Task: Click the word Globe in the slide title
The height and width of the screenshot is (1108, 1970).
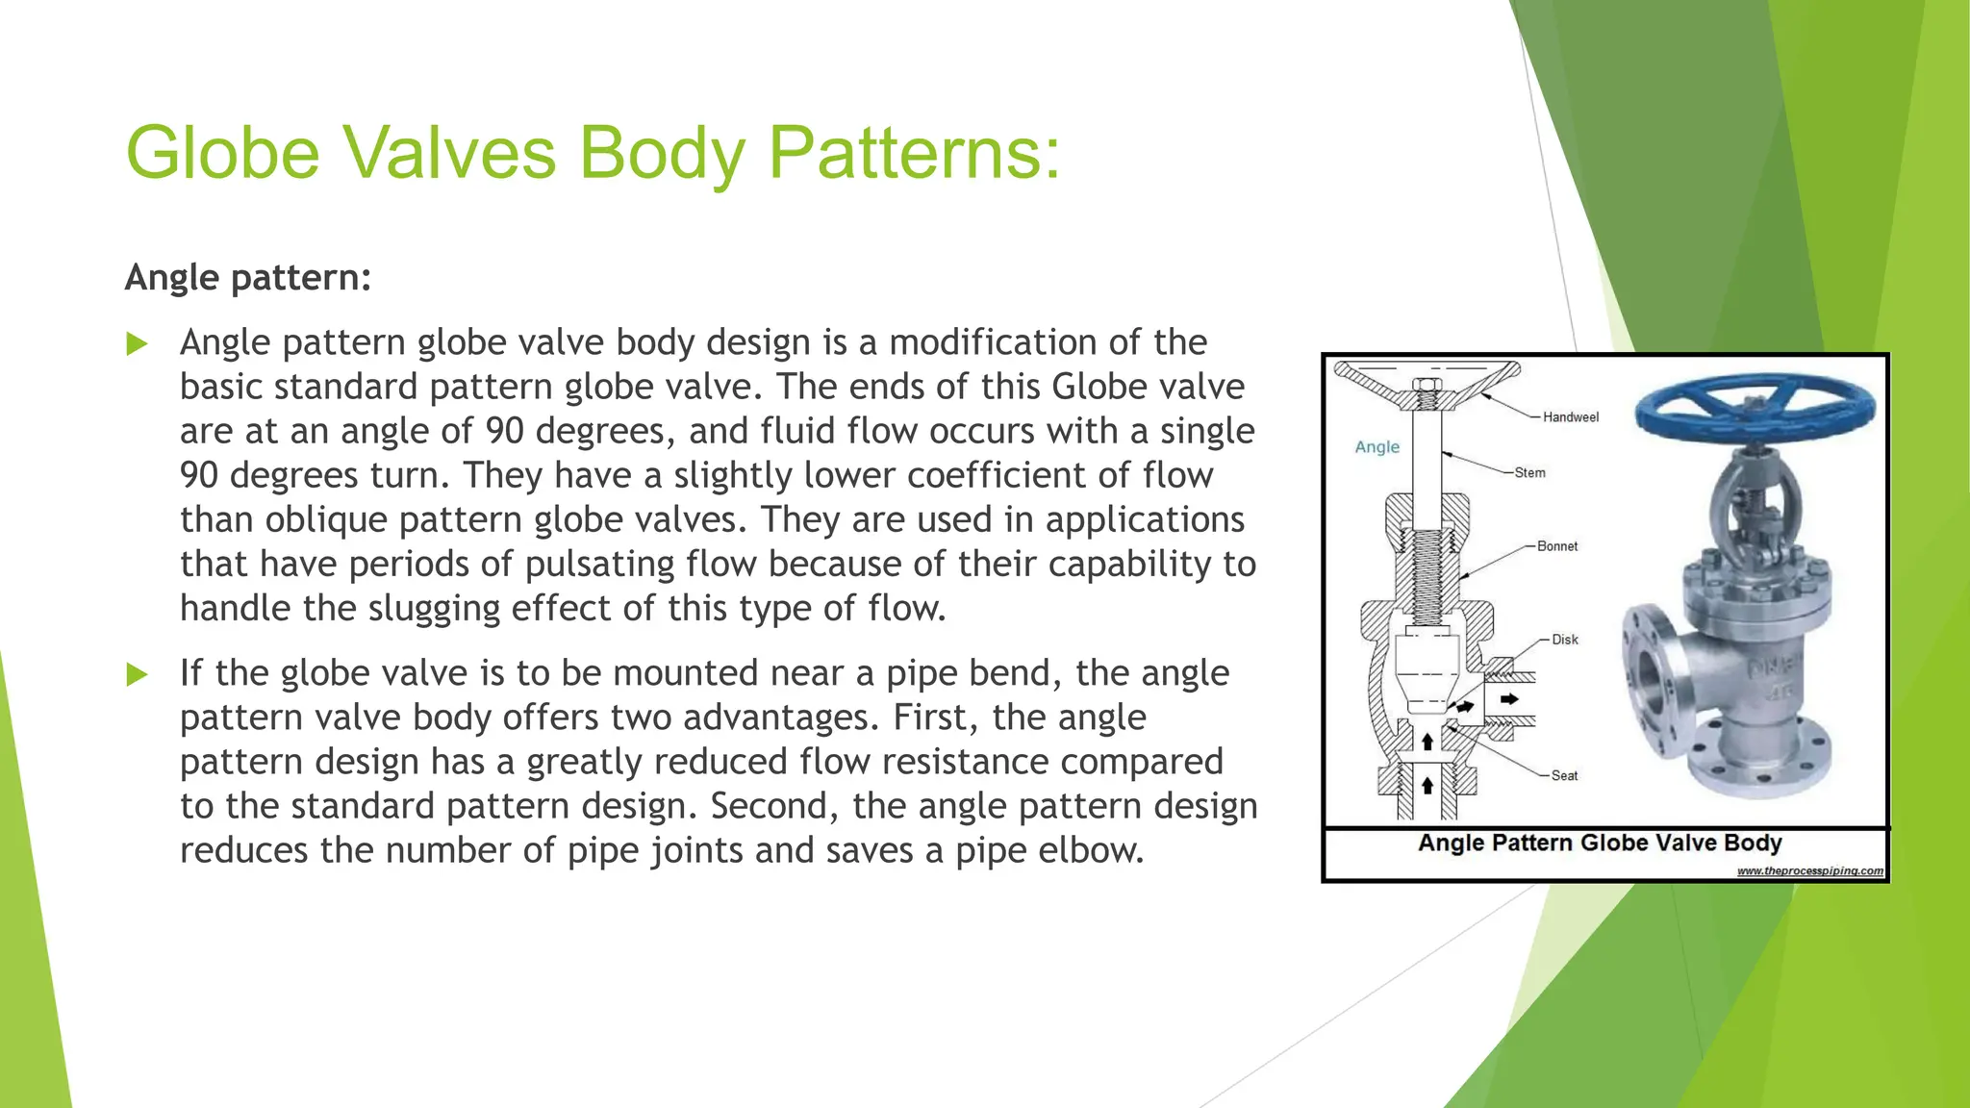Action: click(x=222, y=153)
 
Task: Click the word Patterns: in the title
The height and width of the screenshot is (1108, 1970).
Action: click(x=914, y=153)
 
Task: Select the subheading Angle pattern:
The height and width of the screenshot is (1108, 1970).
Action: click(x=247, y=278)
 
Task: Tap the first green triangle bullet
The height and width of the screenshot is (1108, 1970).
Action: click(x=138, y=343)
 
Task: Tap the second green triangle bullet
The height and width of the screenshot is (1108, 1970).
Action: click(x=138, y=674)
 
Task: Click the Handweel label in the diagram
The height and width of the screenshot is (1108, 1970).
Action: click(x=1570, y=417)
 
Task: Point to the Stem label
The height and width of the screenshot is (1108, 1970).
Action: click(x=1529, y=473)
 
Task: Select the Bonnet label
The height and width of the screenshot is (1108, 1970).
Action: click(x=1556, y=546)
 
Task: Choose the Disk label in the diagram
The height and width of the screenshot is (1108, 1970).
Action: click(x=1564, y=640)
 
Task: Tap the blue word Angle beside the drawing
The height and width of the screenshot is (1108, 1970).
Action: click(x=1376, y=447)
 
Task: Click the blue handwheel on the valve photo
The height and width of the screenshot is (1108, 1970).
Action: click(x=1755, y=409)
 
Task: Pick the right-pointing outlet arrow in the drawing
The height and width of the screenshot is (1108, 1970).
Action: click(x=1509, y=699)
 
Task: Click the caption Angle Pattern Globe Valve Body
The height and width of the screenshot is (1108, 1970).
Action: click(x=1600, y=844)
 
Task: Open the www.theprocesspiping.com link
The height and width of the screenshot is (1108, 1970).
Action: click(x=1809, y=871)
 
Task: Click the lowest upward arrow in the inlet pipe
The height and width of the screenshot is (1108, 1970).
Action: click(x=1427, y=786)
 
